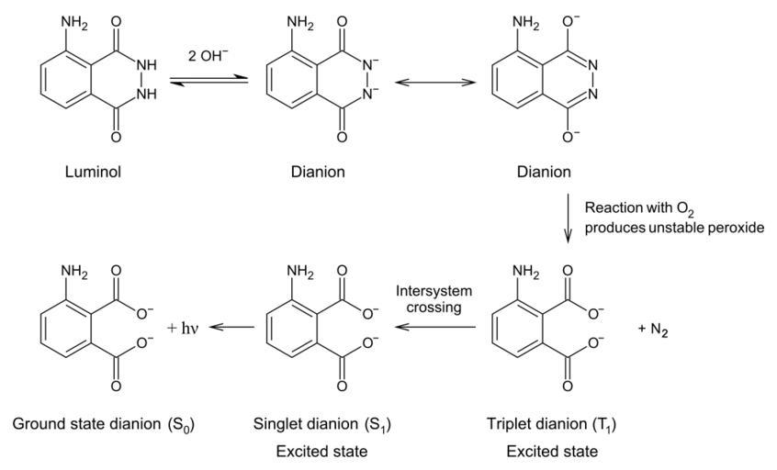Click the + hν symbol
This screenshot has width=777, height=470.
click(184, 326)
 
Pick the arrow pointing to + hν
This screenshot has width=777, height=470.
click(231, 326)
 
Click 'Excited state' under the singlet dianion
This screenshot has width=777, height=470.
click(321, 451)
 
